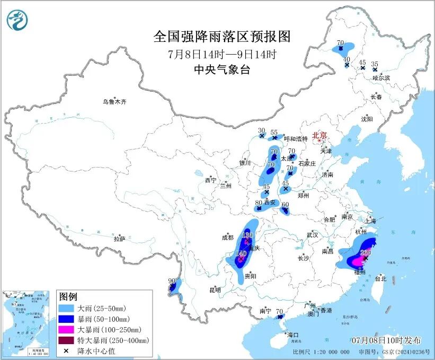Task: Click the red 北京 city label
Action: (x=320, y=135)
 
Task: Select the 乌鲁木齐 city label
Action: (x=115, y=101)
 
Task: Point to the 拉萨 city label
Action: (x=120, y=239)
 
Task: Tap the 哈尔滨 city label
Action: (x=380, y=78)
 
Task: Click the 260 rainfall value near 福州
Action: (x=365, y=252)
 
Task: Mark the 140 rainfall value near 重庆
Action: (x=241, y=253)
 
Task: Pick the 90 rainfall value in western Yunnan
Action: (x=171, y=280)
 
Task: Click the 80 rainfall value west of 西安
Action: (x=259, y=202)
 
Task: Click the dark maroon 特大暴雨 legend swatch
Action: (x=67, y=340)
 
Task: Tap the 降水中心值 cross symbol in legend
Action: (x=67, y=351)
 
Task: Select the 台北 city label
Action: (x=380, y=278)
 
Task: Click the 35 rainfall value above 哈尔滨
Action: (x=375, y=64)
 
